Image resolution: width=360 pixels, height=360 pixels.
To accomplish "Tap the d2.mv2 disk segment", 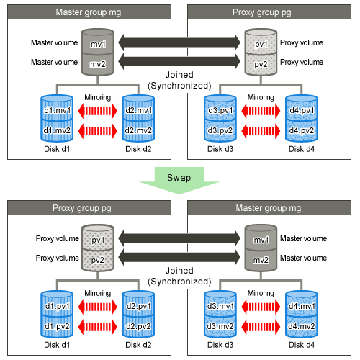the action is click(x=138, y=130).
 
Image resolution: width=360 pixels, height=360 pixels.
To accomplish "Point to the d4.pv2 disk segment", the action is click(x=302, y=130).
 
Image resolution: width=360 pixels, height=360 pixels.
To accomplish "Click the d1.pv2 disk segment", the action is click(x=57, y=326).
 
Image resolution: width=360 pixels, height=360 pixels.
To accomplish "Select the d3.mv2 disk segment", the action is click(x=220, y=326).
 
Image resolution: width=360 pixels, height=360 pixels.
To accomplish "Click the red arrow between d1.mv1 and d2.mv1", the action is click(x=98, y=111).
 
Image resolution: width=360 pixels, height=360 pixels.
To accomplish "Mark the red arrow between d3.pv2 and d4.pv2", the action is click(x=261, y=131).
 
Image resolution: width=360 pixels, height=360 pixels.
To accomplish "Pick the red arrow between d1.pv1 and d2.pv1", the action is click(x=98, y=307).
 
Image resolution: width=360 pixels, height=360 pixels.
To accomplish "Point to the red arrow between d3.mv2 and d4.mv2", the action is click(x=261, y=327).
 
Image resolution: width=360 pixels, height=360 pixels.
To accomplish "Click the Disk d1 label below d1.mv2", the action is click(x=57, y=149).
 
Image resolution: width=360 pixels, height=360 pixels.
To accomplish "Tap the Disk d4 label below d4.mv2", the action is click(x=302, y=345).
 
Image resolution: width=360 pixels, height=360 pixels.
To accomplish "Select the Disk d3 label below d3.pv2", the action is click(x=220, y=149).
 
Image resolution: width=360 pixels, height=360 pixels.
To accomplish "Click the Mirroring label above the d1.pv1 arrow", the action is click(x=98, y=293).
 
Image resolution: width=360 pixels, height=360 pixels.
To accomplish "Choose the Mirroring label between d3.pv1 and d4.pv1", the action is click(x=261, y=97).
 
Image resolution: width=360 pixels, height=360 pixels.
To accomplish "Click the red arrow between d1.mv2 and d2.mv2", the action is click(x=98, y=131).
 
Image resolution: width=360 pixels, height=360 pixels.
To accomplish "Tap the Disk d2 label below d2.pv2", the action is click(x=138, y=345).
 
